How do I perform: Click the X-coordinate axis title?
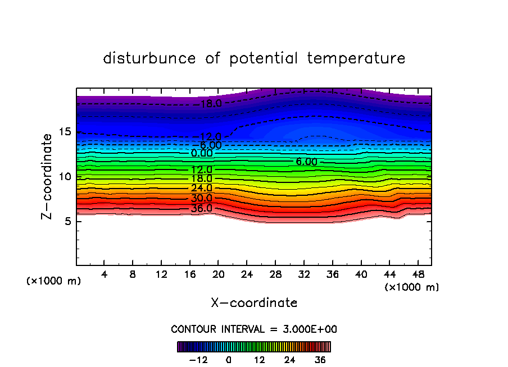254,303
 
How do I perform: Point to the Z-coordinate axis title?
48,176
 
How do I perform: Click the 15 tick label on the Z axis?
63,132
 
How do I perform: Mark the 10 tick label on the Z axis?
63,177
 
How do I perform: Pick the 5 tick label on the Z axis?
66,221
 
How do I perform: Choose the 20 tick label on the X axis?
218,275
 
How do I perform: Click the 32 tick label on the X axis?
303,275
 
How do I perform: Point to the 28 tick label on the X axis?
275,275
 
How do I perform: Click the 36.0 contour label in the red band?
202,208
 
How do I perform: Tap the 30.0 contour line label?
202,198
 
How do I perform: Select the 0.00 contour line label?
202,153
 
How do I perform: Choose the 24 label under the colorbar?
290,360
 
